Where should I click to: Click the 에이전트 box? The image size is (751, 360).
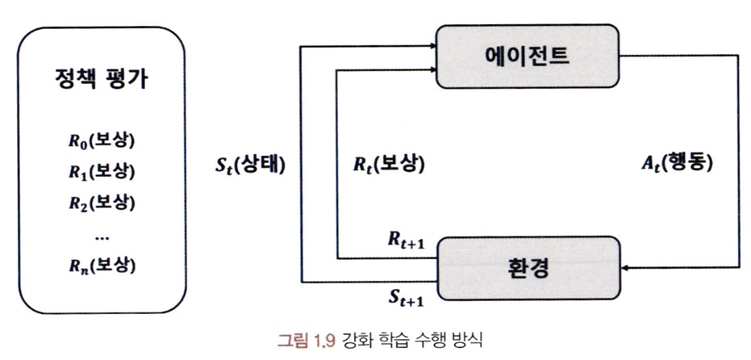528,56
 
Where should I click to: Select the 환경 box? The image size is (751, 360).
528,267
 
